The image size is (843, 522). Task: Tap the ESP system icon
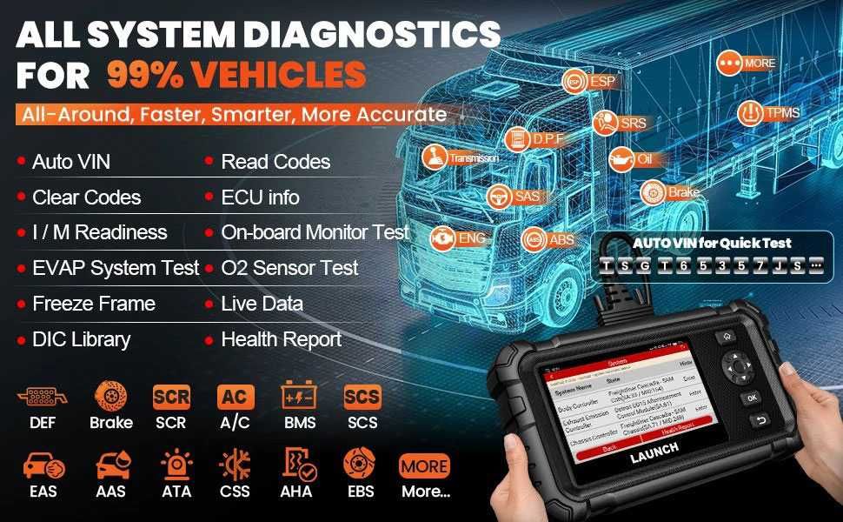pos(574,82)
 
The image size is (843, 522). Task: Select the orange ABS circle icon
pos(534,239)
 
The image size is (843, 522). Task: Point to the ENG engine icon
pos(444,238)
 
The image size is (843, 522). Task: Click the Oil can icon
pos(621,159)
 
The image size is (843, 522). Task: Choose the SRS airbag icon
pos(605,124)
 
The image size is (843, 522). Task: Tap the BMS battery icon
pos(298,398)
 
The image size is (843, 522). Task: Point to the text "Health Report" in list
pos(282,339)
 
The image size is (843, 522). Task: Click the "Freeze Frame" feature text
pos(94,304)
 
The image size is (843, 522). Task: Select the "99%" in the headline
pos(144,75)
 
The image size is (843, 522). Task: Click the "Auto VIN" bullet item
pos(71,162)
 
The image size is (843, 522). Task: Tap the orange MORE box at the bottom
pos(425,465)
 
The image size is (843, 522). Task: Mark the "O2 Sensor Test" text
pos(289,268)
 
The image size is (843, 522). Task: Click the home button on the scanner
pos(727,337)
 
